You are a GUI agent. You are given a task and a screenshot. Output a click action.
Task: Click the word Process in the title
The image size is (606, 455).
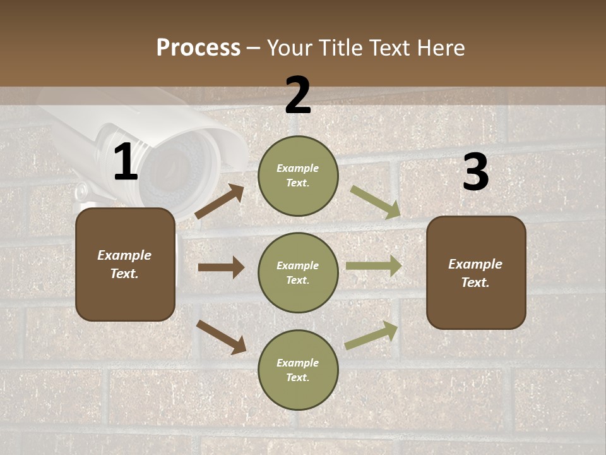198,48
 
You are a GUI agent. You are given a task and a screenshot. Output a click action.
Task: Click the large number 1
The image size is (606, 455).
126,162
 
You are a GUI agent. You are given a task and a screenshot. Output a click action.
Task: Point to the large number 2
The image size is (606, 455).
298,95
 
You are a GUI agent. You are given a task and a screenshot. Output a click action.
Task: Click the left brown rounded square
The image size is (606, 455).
125,264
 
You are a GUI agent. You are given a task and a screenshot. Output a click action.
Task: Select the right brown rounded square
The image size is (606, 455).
476,272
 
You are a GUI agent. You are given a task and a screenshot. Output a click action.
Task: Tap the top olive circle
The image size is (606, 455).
298,176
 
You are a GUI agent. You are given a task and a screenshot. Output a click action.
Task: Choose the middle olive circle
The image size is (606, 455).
298,272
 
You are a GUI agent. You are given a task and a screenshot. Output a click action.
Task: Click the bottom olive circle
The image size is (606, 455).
298,370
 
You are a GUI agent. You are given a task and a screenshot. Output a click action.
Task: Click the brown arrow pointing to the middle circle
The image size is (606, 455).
221,267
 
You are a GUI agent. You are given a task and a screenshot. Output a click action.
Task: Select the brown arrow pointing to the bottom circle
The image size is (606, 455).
221,336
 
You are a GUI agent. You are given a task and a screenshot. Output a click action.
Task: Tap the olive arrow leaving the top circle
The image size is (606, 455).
376,202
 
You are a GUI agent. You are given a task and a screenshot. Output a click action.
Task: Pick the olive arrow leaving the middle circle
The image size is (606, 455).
374,266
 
